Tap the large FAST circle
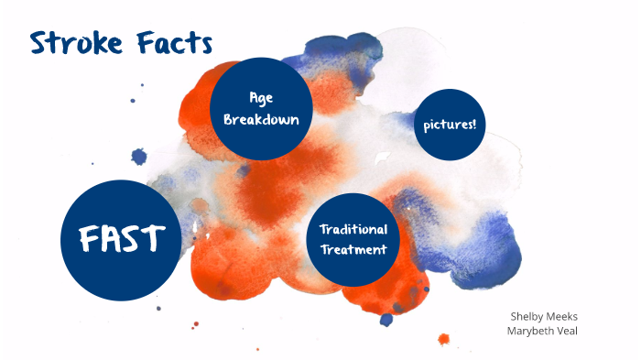[119, 239]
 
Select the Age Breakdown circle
[261, 108]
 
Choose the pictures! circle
[450, 125]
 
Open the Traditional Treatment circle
[353, 238]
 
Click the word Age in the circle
[261, 98]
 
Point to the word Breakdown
[261, 119]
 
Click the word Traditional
[353, 229]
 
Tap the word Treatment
[353, 249]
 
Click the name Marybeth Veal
[544, 330]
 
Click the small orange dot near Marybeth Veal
[444, 338]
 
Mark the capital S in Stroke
[39, 42]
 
